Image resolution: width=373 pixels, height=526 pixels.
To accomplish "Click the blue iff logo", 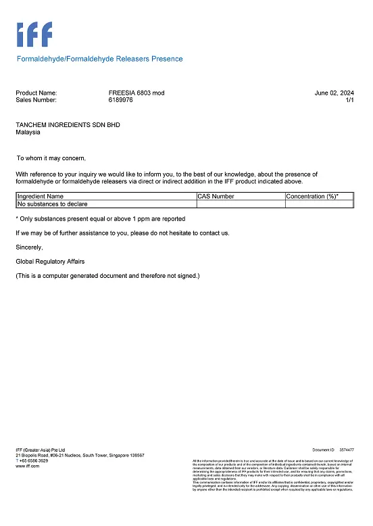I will point(34,34).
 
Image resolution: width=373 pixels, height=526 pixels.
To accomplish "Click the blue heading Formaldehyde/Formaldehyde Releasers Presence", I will point(99,59).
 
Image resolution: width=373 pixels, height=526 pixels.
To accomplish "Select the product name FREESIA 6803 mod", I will point(136,93).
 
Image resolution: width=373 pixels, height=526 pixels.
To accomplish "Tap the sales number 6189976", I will point(120,100).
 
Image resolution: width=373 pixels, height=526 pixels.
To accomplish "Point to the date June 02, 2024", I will point(334,93).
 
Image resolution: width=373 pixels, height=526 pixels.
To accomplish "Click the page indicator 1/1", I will point(349,100).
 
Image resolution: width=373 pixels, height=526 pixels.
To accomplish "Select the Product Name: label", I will point(36,93).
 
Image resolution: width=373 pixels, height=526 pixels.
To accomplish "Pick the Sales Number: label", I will point(36,100).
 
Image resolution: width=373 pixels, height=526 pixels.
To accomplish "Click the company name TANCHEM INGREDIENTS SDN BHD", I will point(68,125).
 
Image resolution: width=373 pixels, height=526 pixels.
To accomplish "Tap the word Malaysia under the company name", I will point(28,133).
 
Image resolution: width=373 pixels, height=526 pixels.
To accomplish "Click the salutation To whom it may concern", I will point(51,158).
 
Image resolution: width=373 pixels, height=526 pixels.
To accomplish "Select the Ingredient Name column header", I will point(41,196).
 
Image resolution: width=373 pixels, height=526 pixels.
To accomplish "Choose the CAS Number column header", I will point(216,196).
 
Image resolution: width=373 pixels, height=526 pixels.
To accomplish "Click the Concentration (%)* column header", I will point(312,196).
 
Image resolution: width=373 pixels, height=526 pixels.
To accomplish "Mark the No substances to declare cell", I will point(52,204).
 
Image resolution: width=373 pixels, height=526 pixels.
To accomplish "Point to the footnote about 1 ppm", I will point(100,218).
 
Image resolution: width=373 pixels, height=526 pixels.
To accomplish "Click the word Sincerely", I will point(29,247).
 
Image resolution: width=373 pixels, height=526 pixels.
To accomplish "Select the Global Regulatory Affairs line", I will point(50,261).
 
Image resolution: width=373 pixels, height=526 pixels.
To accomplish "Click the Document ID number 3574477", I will point(347,450).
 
